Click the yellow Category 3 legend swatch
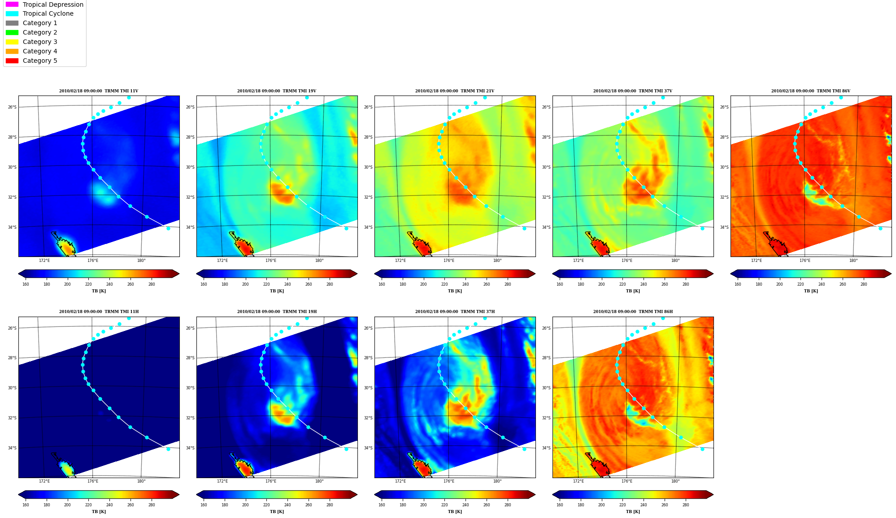(12, 42)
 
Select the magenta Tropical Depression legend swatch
(12, 4)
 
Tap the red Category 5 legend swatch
(12, 61)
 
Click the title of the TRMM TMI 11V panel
(99, 91)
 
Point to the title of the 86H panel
(633, 312)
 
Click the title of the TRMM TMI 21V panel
(455, 91)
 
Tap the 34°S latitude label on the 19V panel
(190, 227)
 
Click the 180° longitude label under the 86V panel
(853, 261)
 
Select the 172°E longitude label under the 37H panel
(400, 481)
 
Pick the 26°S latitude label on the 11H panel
(12, 328)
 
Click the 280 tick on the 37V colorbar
(686, 284)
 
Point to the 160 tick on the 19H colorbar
(204, 505)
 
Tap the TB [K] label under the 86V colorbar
(811, 291)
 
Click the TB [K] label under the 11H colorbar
(99, 512)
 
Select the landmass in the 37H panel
(420, 466)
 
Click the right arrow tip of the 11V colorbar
(179, 274)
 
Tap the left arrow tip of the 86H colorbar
(553, 495)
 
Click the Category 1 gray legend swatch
(12, 23)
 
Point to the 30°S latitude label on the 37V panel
(546, 167)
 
